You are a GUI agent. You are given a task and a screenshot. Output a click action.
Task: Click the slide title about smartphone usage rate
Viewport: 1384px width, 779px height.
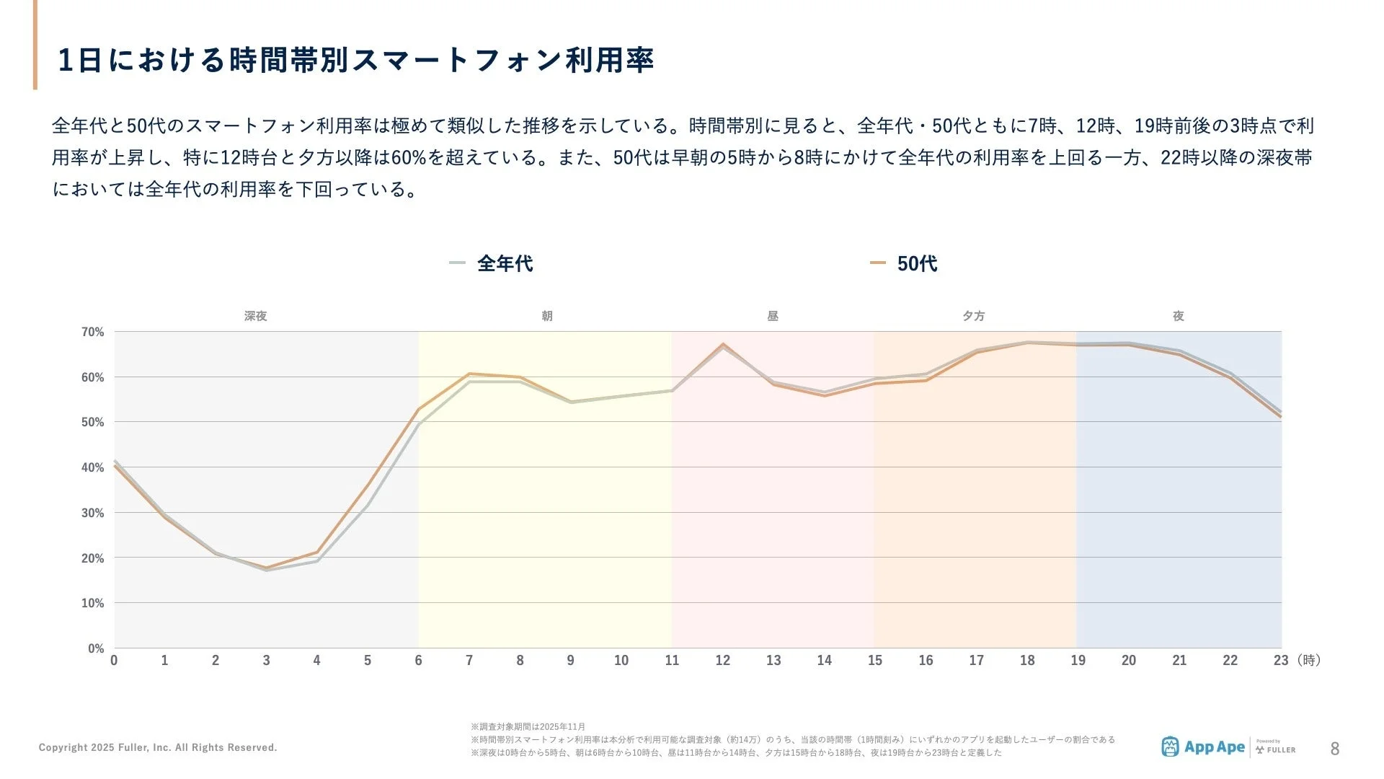[x=355, y=60]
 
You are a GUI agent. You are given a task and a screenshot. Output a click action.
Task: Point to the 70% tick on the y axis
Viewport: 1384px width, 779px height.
[x=92, y=333]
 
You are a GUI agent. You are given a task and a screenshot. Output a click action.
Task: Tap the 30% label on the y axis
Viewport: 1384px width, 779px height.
[x=92, y=514]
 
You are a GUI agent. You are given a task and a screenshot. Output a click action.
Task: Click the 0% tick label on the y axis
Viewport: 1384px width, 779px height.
[x=96, y=648]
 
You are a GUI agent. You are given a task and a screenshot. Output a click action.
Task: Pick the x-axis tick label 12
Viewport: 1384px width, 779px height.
[x=722, y=661]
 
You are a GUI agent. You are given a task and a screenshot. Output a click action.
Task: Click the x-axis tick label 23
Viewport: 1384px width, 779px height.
[x=1280, y=661]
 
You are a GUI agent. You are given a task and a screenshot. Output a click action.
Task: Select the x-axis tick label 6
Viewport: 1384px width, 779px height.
[x=418, y=661]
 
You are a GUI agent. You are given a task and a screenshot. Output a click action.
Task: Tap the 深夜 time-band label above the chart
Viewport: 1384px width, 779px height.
[x=255, y=316]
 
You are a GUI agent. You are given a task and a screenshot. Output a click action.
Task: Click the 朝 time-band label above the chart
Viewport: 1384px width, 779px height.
[x=546, y=316]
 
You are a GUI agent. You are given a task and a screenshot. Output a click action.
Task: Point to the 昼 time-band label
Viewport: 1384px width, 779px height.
[x=772, y=316]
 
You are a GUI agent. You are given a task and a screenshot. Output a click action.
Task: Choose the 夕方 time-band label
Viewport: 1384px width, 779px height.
[x=973, y=316]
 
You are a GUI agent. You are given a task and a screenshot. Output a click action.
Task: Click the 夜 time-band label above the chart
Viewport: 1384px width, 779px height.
[x=1178, y=316]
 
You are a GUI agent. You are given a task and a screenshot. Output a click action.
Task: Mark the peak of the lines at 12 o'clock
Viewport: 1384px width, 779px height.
[x=723, y=345]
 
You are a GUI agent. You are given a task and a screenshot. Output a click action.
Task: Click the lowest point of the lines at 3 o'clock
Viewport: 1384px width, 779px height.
[x=267, y=568]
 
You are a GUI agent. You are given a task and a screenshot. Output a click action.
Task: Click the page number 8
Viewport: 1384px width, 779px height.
[x=1334, y=749]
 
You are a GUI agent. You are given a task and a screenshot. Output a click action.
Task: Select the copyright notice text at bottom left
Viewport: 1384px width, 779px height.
[x=158, y=747]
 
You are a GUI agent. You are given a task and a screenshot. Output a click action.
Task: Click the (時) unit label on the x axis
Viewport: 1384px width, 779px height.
[x=1308, y=661]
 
